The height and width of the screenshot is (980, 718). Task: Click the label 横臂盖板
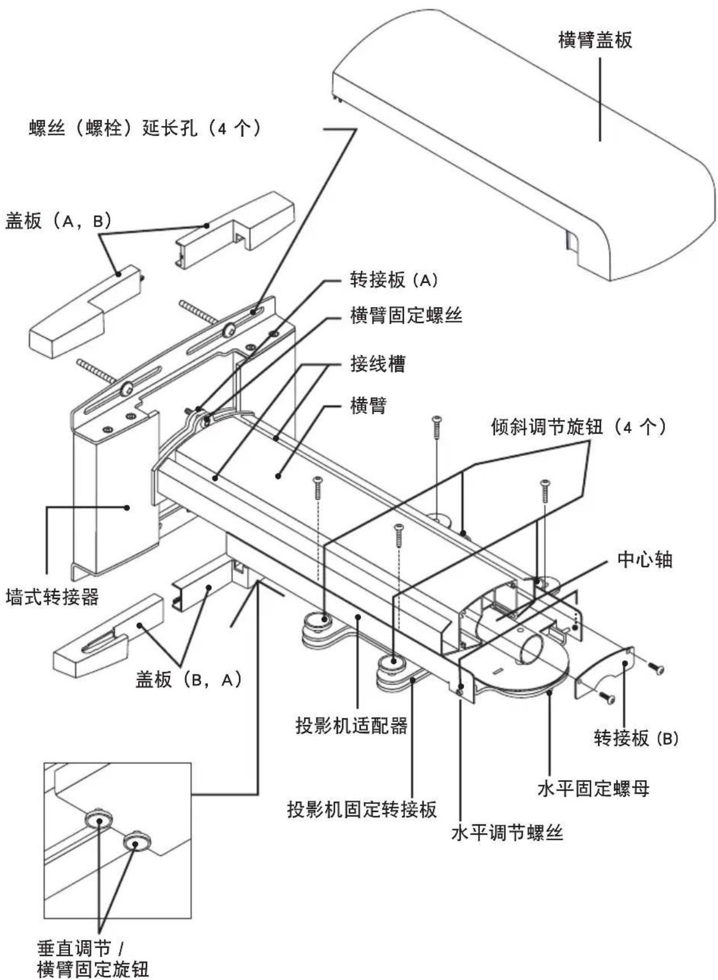(595, 40)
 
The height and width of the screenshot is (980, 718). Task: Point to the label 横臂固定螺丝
(406, 315)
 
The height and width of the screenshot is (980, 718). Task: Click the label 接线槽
(378, 364)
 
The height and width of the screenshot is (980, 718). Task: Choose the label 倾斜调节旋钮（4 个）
(579, 427)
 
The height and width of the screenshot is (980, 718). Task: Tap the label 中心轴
(645, 560)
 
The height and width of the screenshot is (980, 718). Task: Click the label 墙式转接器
(52, 597)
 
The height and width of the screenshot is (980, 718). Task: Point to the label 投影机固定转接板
(362, 809)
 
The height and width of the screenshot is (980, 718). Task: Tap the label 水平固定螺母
(593, 789)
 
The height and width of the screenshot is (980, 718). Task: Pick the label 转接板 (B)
(636, 738)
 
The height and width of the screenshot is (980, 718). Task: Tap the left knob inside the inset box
(99, 821)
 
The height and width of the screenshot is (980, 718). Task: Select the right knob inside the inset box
(136, 841)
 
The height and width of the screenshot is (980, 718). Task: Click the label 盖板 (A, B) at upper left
(58, 221)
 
